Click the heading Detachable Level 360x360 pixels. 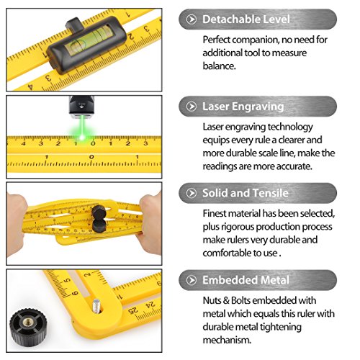pyautogui.click(x=246, y=19)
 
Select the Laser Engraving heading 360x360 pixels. pyautogui.click(x=243, y=107)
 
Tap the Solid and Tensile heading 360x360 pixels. pyautogui.click(x=245, y=193)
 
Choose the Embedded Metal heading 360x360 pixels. pyautogui.click(x=246, y=280)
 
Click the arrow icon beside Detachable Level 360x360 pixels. pyautogui.click(x=192, y=19)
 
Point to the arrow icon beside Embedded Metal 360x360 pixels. pyautogui.click(x=192, y=280)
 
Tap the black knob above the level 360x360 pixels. pyautogui.click(x=74, y=24)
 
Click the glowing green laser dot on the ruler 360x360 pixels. pyautogui.click(x=81, y=138)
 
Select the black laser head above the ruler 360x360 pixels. pyautogui.click(x=81, y=105)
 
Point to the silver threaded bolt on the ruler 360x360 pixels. pyautogui.click(x=96, y=306)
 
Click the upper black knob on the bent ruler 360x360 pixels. pyautogui.click(x=99, y=212)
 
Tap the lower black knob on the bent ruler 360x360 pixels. pyautogui.click(x=99, y=226)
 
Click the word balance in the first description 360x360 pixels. pyautogui.click(x=219, y=66)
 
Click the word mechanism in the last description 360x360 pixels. pyautogui.click(x=227, y=340)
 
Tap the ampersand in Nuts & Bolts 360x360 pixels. pyautogui.click(x=225, y=300)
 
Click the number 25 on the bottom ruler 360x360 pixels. pyautogui.click(x=132, y=310)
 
